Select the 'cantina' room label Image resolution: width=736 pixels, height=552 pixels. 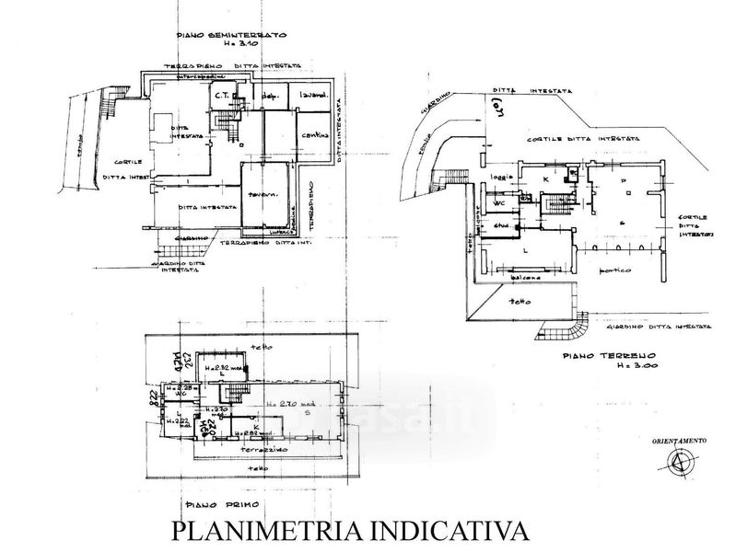coord(314,138)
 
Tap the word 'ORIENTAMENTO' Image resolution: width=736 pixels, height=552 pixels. coord(680,442)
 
